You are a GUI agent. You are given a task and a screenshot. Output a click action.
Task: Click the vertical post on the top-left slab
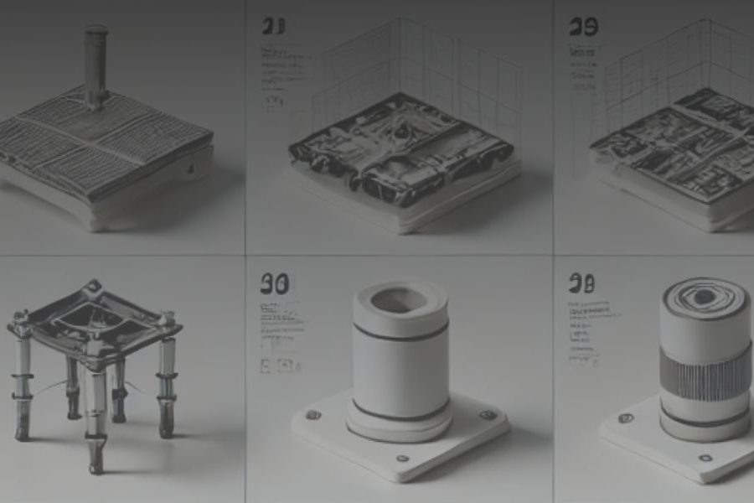[96, 64]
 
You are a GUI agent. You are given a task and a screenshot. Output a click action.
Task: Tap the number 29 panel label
[583, 27]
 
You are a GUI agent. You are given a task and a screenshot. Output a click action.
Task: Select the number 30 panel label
[274, 284]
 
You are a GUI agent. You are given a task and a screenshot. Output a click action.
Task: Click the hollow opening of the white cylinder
[397, 298]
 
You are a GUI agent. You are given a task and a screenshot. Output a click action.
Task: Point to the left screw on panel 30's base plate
[313, 415]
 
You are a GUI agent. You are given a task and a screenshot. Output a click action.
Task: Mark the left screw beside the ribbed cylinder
[623, 417]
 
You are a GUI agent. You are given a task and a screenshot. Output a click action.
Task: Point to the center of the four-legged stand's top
[94, 314]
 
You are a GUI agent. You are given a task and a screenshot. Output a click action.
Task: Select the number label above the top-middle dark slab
[272, 27]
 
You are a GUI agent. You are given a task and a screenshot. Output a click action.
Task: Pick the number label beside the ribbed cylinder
[581, 283]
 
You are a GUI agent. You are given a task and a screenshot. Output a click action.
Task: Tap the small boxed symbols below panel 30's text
[280, 366]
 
